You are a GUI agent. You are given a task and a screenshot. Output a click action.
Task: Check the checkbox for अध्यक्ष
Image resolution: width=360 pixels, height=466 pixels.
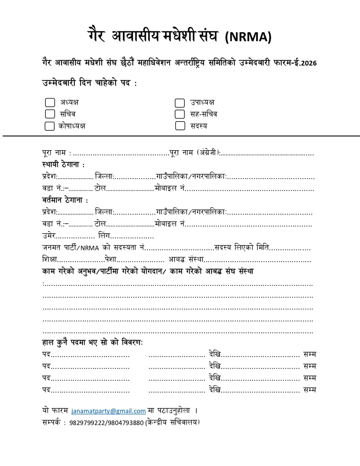pyautogui.click(x=50, y=103)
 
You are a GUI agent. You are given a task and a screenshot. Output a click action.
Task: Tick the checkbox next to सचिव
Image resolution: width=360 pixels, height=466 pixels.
pyautogui.click(x=50, y=114)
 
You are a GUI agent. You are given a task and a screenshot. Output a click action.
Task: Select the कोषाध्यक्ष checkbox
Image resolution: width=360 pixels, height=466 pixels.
pyautogui.click(x=50, y=126)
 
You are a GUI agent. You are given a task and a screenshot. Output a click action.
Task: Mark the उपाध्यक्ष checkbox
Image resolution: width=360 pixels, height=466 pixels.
pyautogui.click(x=180, y=103)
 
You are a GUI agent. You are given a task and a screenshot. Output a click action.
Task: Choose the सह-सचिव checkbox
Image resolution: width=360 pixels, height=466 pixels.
pyautogui.click(x=180, y=114)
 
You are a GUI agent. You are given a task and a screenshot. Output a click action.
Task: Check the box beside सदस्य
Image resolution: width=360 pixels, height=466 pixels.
pyautogui.click(x=180, y=126)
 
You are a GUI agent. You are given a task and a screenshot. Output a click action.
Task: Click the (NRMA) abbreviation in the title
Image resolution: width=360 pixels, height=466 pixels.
pyautogui.click(x=248, y=37)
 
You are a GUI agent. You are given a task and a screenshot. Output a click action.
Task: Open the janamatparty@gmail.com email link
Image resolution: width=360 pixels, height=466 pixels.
pyautogui.click(x=108, y=411)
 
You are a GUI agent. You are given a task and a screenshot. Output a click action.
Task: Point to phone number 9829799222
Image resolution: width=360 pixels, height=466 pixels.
pyautogui.click(x=87, y=423)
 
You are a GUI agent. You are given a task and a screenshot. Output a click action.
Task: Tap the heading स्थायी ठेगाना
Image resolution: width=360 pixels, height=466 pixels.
pyautogui.click(x=63, y=165)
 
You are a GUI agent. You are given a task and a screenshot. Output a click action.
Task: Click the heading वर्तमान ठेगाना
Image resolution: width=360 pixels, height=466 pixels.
pyautogui.click(x=65, y=200)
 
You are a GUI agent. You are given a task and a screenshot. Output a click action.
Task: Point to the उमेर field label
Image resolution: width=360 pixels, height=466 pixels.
pyautogui.click(x=49, y=235)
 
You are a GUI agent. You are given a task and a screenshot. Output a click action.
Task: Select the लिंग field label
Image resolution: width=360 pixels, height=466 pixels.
pyautogui.click(x=104, y=235)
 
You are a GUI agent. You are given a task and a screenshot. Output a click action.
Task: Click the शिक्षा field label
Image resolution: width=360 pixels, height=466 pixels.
pyautogui.click(x=50, y=259)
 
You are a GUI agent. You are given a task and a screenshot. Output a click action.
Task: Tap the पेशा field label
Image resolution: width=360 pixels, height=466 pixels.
pyautogui.click(x=111, y=259)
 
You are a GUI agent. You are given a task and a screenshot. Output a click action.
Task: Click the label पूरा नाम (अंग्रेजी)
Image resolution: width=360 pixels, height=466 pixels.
pyautogui.click(x=195, y=153)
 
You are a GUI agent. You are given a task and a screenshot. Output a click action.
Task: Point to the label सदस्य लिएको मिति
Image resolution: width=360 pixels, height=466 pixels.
pyautogui.click(x=241, y=248)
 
